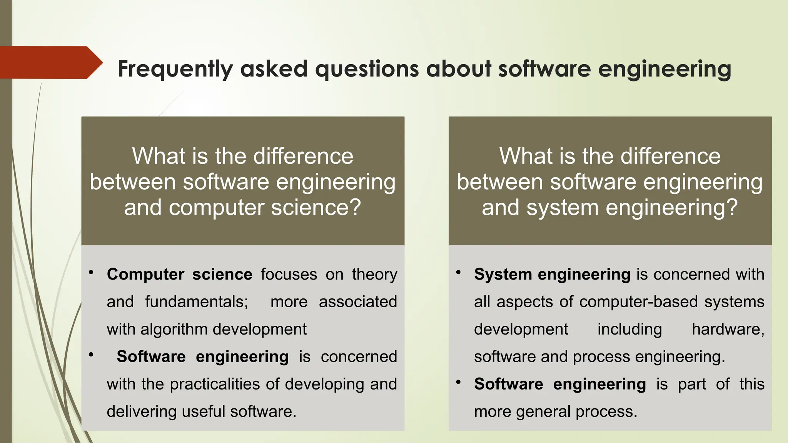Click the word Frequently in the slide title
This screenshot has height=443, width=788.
pyautogui.click(x=175, y=69)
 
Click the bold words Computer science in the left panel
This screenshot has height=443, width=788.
pyautogui.click(x=179, y=275)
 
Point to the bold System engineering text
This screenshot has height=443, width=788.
pyautogui.click(x=552, y=275)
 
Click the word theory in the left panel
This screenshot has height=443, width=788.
pyautogui.click(x=374, y=275)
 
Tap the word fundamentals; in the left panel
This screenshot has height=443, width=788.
pyautogui.click(x=197, y=302)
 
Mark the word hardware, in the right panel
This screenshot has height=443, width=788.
pyautogui.click(x=728, y=330)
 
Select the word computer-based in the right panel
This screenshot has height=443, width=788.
pyautogui.click(x=638, y=302)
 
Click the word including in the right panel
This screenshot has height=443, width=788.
pyautogui.click(x=629, y=330)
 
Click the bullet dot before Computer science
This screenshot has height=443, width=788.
pyautogui.click(x=91, y=273)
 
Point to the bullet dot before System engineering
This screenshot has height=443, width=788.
pyautogui.click(x=458, y=273)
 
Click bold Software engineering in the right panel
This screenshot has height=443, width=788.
pyautogui.click(x=559, y=384)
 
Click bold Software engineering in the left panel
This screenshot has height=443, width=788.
pyautogui.click(x=202, y=357)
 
